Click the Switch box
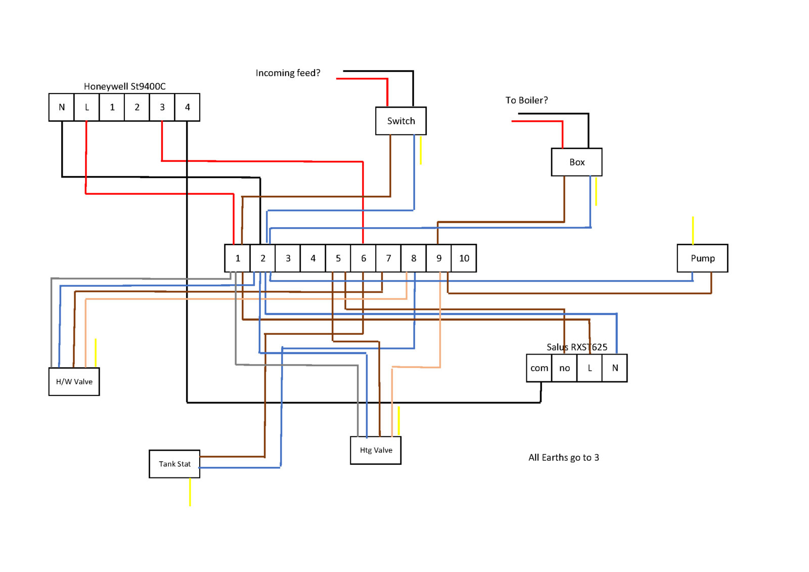(400, 121)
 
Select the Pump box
(702, 258)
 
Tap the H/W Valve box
(74, 382)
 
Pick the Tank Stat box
(174, 464)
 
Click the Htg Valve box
(376, 450)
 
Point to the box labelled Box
(576, 162)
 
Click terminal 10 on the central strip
(464, 258)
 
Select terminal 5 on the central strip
(338, 258)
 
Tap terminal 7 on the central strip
(388, 258)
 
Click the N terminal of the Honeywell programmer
(62, 107)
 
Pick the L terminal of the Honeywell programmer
(87, 107)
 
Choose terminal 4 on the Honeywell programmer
(187, 107)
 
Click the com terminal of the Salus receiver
(539, 368)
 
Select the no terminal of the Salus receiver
(564, 368)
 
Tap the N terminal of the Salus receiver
(615, 368)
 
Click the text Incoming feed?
(288, 73)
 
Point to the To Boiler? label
(526, 100)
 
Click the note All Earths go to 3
(563, 458)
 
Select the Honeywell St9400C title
(124, 86)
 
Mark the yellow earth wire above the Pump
(693, 231)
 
